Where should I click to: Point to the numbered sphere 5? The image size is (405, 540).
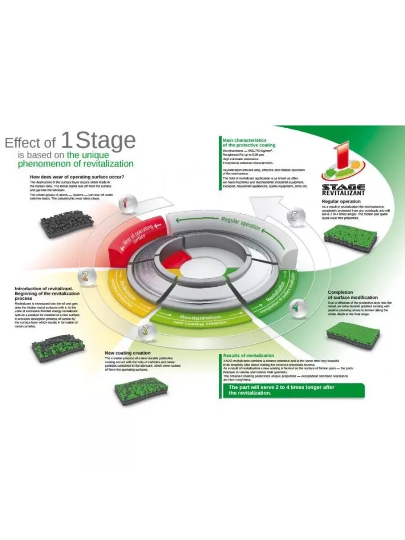point(294,216)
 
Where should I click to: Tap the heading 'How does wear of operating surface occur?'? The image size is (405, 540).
point(77,177)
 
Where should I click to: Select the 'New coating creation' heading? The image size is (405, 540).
point(127,353)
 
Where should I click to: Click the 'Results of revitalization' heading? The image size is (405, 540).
point(248,355)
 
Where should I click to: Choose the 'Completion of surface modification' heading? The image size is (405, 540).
point(353,295)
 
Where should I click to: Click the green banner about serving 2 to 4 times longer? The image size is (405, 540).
point(293,390)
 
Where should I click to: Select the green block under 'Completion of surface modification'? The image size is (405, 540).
point(352,336)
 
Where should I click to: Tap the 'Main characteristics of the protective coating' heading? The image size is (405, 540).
point(244,143)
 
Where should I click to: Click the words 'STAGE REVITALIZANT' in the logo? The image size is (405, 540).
point(343,189)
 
